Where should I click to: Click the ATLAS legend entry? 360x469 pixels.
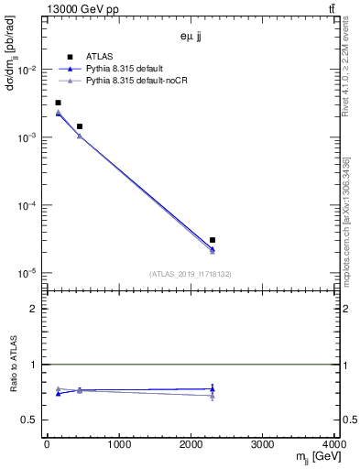[x=98, y=57]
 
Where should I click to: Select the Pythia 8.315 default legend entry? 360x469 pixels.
[x=123, y=69]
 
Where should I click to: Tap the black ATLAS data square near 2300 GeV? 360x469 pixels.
[x=213, y=240]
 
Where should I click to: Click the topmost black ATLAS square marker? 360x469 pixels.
[x=58, y=103]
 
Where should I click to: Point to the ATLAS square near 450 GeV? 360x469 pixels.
[x=80, y=126]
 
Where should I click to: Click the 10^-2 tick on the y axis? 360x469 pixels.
[x=28, y=71]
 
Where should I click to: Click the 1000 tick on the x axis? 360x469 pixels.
[x=118, y=445]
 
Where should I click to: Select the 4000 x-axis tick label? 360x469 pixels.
[x=333, y=445]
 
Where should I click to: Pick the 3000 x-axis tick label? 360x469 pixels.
[x=262, y=445]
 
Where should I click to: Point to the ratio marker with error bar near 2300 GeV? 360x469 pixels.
[x=213, y=388]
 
